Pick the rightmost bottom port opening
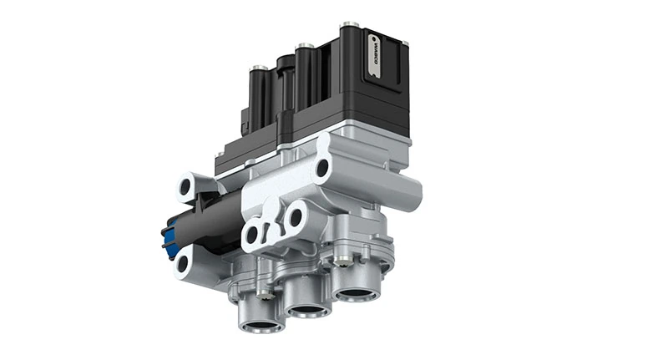pyautogui.click(x=356, y=293)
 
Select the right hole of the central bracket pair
pyautogui.click(x=294, y=219)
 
